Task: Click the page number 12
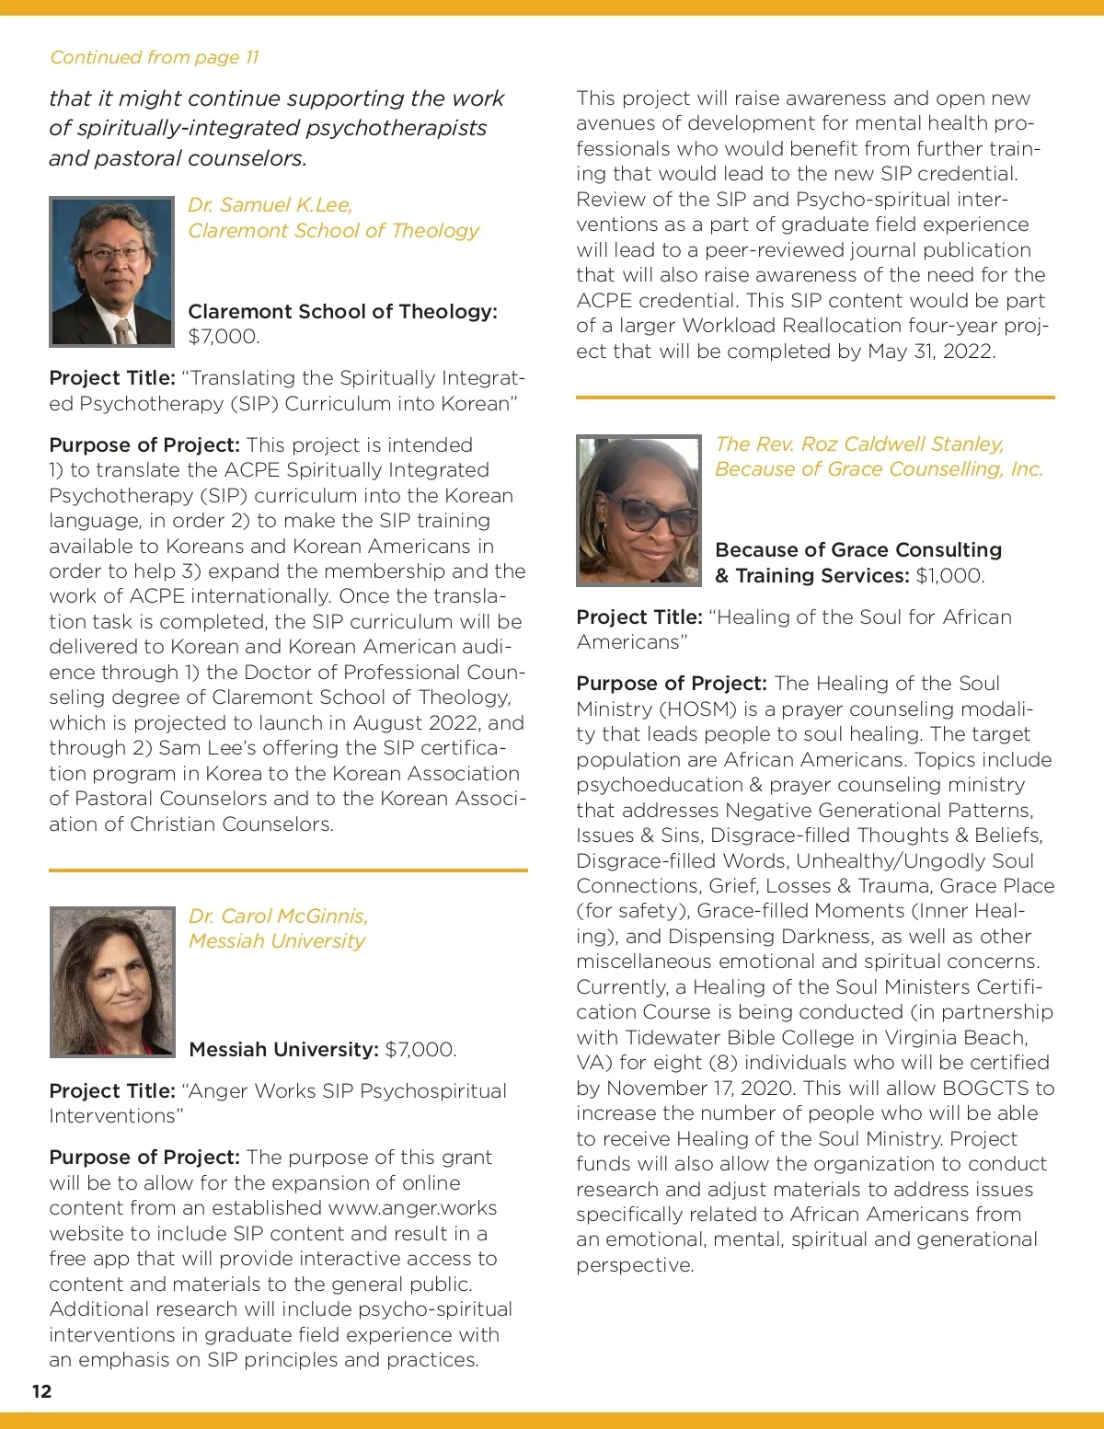41,1390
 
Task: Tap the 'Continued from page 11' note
155,57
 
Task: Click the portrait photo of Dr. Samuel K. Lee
112,271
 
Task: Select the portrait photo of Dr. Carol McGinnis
112,981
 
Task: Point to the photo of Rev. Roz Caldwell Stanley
638,511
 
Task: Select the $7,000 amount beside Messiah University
420,1050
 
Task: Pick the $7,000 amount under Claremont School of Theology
224,337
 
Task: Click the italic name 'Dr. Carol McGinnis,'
278,916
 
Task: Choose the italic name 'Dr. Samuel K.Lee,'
270,204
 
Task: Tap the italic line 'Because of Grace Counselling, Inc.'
879,469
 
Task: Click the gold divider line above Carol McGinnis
288,870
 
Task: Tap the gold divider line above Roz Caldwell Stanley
815,398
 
